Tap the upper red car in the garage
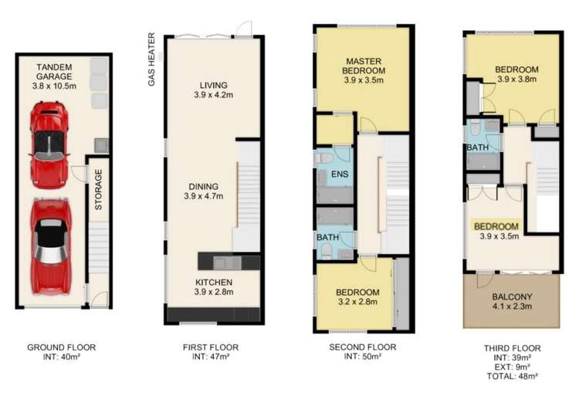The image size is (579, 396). click(x=49, y=144)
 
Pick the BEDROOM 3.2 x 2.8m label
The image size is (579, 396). click(x=357, y=296)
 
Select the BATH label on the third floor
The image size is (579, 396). click(x=476, y=147)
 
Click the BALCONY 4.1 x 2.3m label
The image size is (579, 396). click(x=513, y=300)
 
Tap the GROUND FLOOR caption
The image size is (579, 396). click(x=62, y=348)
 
